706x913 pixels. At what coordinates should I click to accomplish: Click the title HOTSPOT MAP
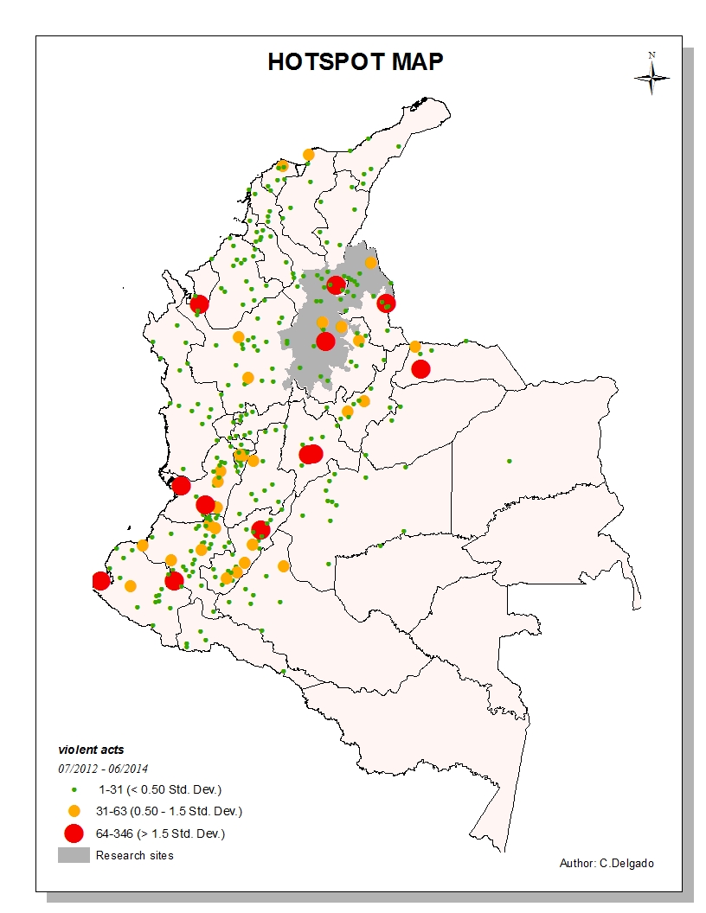click(x=355, y=62)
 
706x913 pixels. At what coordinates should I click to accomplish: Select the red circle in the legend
click(x=74, y=833)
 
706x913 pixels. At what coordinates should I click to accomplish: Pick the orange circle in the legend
click(x=74, y=811)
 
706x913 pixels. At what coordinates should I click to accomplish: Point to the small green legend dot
click(x=74, y=789)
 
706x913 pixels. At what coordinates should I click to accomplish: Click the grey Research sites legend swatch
click(x=74, y=855)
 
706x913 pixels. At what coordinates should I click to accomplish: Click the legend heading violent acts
click(x=85, y=750)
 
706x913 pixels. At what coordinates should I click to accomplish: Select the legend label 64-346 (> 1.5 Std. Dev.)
click(x=161, y=833)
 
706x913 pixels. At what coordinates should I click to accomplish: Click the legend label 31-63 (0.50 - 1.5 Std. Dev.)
click(x=169, y=811)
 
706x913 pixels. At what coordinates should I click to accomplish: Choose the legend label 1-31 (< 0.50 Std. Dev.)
click(x=160, y=789)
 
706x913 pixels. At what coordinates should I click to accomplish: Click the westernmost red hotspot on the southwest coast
click(x=101, y=581)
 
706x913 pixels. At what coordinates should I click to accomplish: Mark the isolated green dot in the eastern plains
click(x=510, y=461)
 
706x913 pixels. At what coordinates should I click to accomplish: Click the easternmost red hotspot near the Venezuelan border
click(x=420, y=369)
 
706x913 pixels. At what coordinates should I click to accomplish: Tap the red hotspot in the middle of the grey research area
click(x=325, y=342)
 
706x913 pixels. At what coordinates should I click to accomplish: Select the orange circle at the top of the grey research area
click(x=371, y=263)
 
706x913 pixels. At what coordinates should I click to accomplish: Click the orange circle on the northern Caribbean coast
click(x=308, y=155)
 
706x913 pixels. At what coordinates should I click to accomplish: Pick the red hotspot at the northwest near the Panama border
click(x=200, y=303)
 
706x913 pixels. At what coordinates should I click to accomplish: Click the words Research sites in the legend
click(x=135, y=855)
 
